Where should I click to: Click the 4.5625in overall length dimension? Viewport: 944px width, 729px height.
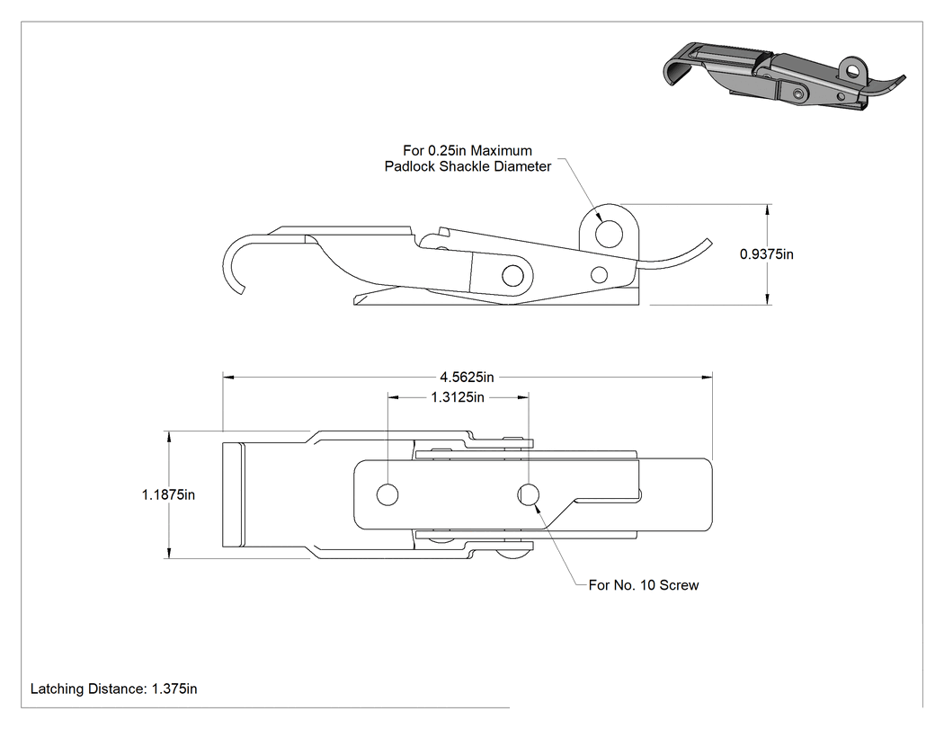click(467, 378)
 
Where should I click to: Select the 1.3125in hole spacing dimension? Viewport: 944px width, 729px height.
click(458, 397)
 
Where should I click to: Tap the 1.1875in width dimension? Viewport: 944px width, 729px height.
click(169, 494)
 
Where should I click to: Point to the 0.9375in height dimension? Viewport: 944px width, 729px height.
click(766, 254)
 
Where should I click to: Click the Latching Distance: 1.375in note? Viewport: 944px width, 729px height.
click(114, 689)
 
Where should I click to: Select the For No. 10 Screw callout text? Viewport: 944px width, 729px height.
click(644, 585)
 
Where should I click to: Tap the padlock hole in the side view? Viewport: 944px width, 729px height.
click(610, 234)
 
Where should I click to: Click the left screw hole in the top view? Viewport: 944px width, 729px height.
click(387, 494)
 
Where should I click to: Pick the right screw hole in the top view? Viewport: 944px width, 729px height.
click(529, 494)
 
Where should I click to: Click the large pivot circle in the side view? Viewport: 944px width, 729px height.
click(513, 276)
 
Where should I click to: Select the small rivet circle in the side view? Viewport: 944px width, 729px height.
click(599, 275)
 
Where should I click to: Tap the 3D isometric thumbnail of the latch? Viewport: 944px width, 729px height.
click(784, 75)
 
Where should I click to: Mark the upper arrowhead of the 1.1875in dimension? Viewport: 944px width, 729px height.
click(169, 437)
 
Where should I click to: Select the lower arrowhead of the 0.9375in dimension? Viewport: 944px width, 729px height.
click(768, 299)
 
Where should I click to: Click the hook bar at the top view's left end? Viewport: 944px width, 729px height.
click(234, 494)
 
